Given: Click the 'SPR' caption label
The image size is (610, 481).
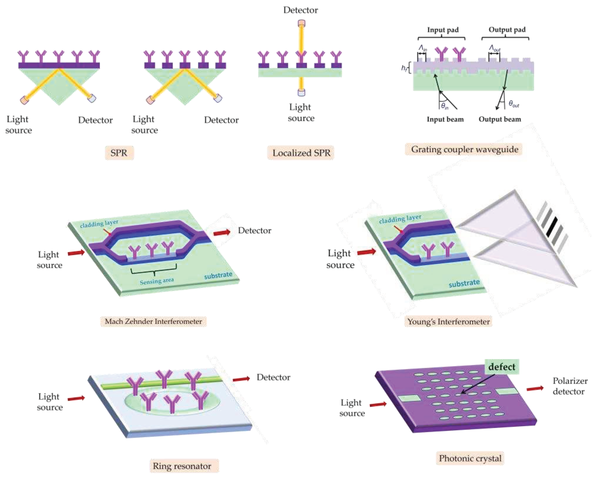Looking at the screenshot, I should pos(119,153).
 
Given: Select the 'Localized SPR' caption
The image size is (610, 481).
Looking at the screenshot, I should pos(301,153).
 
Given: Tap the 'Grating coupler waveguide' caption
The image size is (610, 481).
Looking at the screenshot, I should pos(464,149).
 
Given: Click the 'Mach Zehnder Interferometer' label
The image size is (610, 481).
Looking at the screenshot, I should pos(153,321).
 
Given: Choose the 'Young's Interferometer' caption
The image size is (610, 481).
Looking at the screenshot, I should pos(448,322).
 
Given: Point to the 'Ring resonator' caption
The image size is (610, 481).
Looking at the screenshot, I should pos(182,466).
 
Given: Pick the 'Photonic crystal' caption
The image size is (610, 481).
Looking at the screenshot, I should pos(470,458).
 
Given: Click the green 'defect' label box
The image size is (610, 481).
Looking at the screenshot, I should pos(502,367).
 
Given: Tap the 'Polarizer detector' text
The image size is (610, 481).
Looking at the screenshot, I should pos(569,386).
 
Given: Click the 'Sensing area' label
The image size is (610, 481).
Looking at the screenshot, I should pos(157,281).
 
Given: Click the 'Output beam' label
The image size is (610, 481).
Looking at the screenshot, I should pos(500,119).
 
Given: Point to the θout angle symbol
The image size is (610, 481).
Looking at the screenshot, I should pos(514,104).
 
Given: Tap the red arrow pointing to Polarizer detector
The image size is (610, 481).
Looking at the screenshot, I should pos(535,389).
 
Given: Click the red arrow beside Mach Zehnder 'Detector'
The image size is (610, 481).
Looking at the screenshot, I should pos(222,232).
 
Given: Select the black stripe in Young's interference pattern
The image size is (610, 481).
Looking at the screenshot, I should pos(552,227).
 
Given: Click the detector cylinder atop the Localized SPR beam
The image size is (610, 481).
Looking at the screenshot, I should pos(301,23).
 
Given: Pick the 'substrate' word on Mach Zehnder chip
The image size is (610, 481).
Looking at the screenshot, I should pos(218,275).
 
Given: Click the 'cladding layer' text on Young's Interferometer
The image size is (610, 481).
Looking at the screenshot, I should pos(400,219).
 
